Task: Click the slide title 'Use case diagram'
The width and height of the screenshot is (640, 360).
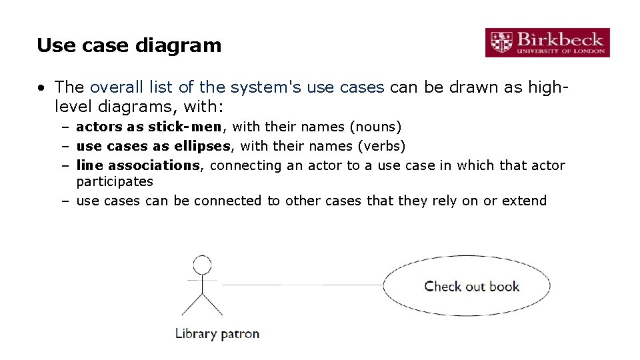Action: coord(129,45)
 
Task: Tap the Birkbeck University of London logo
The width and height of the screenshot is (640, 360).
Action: coord(547,43)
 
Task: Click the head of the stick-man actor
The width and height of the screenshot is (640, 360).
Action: coord(201,264)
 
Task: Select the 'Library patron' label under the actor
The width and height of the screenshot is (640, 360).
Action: coord(217,333)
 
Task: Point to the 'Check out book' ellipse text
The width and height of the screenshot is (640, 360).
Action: coord(471,287)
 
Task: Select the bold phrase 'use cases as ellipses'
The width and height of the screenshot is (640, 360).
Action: coord(153,146)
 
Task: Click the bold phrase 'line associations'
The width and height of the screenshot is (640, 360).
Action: coord(138,165)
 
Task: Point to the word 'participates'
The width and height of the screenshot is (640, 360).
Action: coord(115,181)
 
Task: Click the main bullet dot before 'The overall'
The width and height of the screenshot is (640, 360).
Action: coord(42,87)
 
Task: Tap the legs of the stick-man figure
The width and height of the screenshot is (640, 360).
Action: coord(201,305)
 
